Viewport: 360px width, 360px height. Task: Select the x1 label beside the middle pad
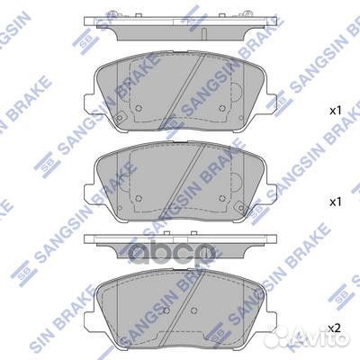(335, 202)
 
